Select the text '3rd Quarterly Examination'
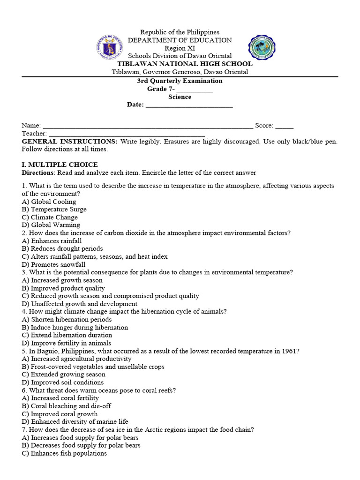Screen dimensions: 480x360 (x=180, y=81)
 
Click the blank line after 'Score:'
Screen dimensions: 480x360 (x=284, y=126)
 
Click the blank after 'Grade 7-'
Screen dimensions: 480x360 (x=195, y=89)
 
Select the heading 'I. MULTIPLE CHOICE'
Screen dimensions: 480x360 (x=60, y=165)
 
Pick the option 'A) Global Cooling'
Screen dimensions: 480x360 (x=49, y=202)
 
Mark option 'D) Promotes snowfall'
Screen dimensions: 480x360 (x=53, y=264)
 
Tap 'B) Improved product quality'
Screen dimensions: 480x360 (x=63, y=288)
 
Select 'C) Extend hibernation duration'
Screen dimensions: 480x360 (x=67, y=335)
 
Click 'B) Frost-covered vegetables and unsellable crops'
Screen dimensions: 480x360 (x=93, y=367)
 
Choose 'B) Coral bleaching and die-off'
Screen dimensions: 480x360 (x=67, y=406)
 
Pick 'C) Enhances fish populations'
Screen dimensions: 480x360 (x=64, y=453)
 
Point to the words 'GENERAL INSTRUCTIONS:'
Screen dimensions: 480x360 (x=70, y=142)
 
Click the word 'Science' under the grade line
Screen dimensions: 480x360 (x=180, y=97)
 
